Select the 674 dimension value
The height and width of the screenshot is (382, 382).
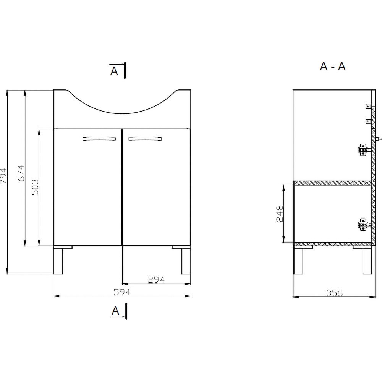point(21,173)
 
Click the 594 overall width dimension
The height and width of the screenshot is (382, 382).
point(122,292)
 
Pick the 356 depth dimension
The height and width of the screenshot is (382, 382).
point(334,293)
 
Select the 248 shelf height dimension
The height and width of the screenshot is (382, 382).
point(279,214)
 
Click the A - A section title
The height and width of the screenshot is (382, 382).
point(332,66)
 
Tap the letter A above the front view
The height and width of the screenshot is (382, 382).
point(114,71)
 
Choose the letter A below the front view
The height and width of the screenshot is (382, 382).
point(115,311)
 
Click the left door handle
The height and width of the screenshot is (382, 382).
point(99,139)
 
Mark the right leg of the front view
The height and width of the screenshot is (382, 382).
point(186,261)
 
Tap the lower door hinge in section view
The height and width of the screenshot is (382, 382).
point(363,225)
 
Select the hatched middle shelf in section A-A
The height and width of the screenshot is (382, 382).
point(332,183)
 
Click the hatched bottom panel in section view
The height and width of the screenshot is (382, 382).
point(332,244)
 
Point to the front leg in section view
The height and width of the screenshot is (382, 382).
point(298,261)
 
